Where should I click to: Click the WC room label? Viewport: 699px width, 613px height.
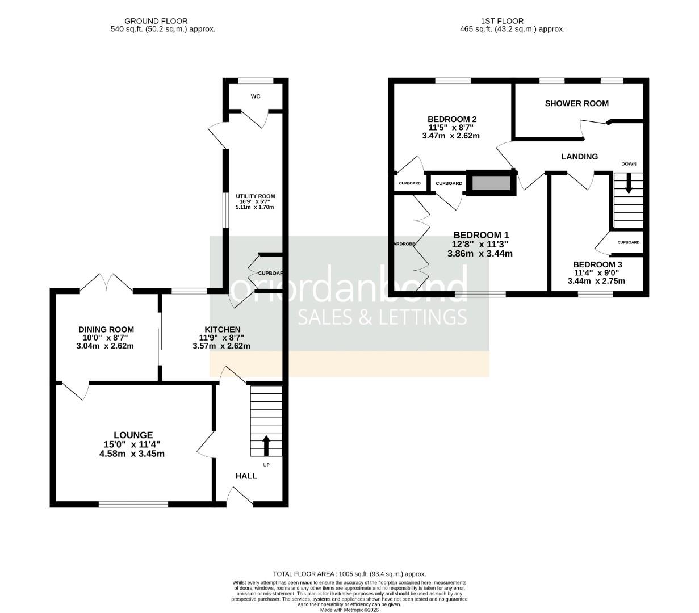[256, 96]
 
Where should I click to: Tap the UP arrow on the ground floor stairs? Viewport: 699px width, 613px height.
[266, 446]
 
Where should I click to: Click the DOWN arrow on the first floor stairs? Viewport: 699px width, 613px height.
[628, 184]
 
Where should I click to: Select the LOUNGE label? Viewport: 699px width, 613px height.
[131, 435]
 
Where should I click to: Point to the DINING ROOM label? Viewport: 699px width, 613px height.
[106, 329]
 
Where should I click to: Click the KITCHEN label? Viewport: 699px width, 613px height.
[223, 329]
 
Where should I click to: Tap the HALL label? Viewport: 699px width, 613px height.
[246, 476]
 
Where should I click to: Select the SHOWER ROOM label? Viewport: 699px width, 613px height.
[576, 103]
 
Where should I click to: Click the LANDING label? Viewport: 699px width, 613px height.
[579, 157]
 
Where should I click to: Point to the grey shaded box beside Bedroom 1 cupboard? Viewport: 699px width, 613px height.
[491, 183]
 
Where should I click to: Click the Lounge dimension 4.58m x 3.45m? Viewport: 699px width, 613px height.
[131, 454]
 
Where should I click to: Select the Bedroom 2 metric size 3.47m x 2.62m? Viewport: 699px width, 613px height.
[451, 136]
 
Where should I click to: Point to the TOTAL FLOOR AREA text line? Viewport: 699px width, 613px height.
[349, 574]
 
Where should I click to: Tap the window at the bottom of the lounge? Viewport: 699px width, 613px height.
[133, 504]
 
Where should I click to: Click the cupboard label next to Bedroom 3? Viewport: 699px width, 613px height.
[628, 242]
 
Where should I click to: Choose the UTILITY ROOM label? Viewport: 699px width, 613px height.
[256, 196]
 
